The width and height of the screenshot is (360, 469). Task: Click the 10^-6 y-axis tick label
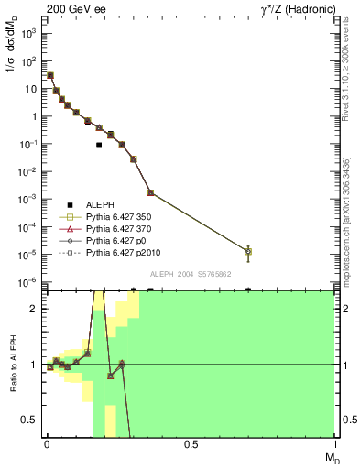pyautogui.click(x=28, y=281)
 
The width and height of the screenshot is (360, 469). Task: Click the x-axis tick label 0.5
pyautogui.click(x=191, y=445)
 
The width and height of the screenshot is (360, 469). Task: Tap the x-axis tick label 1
pyautogui.click(x=334, y=445)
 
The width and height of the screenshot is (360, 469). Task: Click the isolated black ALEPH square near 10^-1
pyautogui.click(x=99, y=145)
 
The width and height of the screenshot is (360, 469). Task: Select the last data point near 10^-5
pyautogui.click(x=248, y=251)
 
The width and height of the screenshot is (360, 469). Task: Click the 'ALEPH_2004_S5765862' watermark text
pyautogui.click(x=191, y=274)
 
